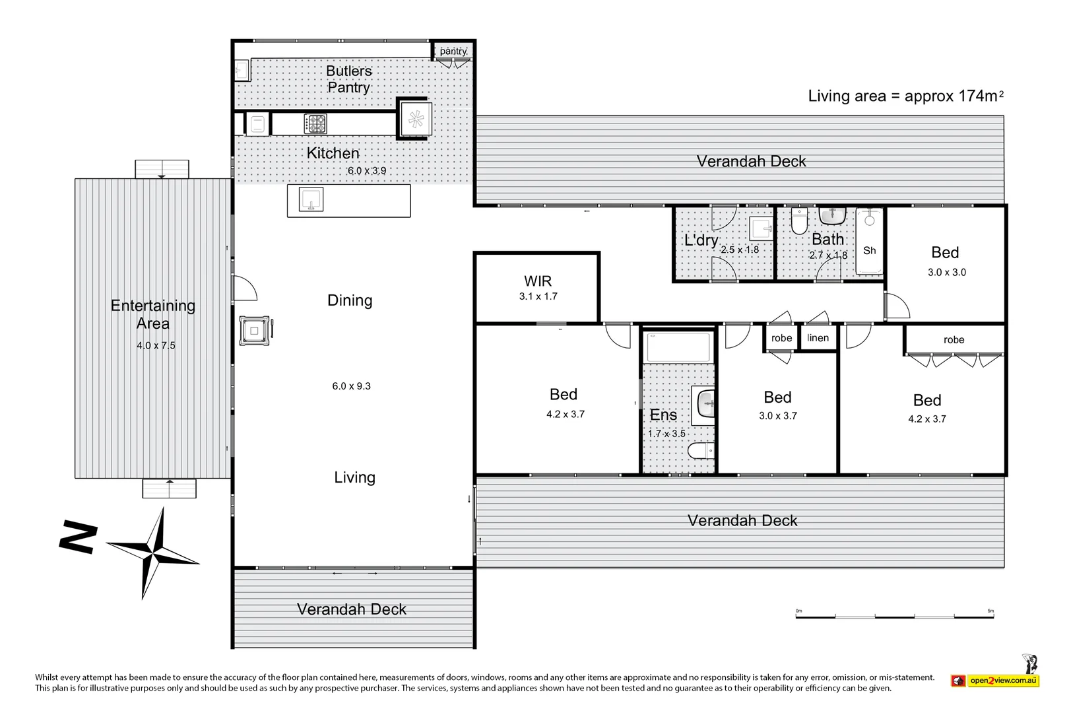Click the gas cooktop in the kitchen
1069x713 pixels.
pos(315,123)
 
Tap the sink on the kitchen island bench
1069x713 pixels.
pos(311,199)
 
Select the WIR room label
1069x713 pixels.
pos(538,281)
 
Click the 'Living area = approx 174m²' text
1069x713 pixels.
pos(905,96)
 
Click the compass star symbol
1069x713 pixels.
pos(152,553)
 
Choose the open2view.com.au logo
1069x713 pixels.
pos(996,679)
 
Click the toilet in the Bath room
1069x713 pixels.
pos(799,220)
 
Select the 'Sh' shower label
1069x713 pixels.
pos(870,250)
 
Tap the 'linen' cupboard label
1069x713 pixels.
pos(818,337)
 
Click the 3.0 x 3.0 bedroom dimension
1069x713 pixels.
pos(947,272)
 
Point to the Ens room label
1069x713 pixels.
pos(663,415)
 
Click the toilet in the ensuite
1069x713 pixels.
pos(701,450)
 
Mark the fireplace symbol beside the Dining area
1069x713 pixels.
pos(255,331)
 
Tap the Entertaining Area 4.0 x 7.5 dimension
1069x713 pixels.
pos(156,345)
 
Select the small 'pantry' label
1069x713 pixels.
pos(453,51)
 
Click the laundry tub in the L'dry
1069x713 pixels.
pos(761,229)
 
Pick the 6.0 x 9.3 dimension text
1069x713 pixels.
pos(351,386)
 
